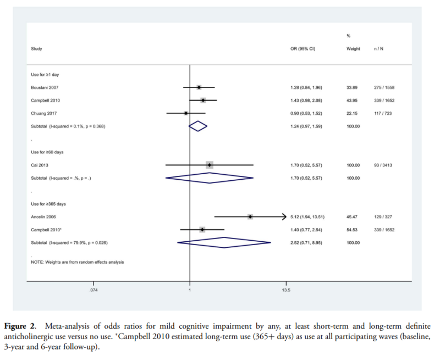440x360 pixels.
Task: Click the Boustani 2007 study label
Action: click(x=45, y=87)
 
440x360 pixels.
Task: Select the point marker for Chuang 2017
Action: click(x=186, y=113)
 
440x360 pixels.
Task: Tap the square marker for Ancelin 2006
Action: click(x=250, y=217)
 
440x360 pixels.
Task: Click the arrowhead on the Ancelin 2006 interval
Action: click(x=284, y=217)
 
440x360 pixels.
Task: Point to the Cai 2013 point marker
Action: click(x=209, y=165)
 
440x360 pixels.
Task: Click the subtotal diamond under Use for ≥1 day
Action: click(x=198, y=126)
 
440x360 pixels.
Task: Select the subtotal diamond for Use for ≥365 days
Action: click(x=224, y=242)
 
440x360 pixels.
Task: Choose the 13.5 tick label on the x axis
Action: click(x=286, y=290)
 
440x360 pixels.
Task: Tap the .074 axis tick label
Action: click(x=94, y=290)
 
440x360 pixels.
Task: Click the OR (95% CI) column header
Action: click(x=303, y=49)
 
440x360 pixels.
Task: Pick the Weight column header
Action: click(x=353, y=49)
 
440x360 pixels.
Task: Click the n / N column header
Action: click(x=378, y=49)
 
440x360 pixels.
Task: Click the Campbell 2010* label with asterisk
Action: click(x=47, y=230)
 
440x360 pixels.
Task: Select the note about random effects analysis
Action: click(x=78, y=262)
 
